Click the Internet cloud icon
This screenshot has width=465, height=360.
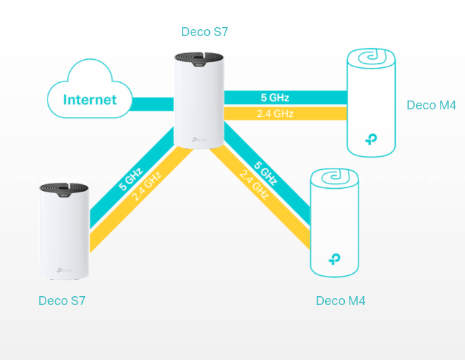point(90,88)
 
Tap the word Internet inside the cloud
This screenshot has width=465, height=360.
point(90,100)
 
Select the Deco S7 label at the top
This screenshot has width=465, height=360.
point(204,32)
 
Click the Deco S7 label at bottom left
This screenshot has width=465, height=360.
point(62,301)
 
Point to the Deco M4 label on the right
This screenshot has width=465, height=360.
point(431,105)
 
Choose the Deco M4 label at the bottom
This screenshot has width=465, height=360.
point(341,301)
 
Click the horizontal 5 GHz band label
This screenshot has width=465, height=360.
point(275,98)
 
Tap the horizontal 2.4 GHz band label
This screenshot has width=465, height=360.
point(275,113)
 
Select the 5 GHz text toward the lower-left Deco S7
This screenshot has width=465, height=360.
point(131,179)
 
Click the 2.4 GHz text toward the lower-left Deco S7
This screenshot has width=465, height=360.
point(147,186)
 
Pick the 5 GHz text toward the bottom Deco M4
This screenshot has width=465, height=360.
point(265,173)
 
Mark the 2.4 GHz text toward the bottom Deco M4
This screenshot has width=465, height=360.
point(254,184)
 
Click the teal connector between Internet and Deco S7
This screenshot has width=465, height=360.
point(153,104)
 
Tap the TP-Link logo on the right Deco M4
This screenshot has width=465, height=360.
point(371,139)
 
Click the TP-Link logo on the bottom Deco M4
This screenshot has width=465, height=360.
point(335,259)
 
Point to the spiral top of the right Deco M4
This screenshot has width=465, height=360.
point(371,58)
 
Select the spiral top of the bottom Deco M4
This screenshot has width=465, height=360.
point(335,178)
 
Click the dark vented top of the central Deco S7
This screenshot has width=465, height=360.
point(199,59)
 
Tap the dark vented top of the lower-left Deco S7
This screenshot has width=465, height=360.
point(64,190)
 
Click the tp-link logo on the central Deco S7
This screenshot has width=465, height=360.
point(200,139)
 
